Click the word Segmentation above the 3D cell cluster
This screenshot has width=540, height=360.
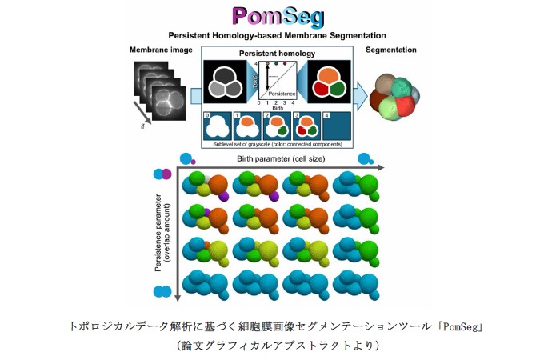point(390,50)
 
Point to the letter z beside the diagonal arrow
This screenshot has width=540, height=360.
point(141,126)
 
